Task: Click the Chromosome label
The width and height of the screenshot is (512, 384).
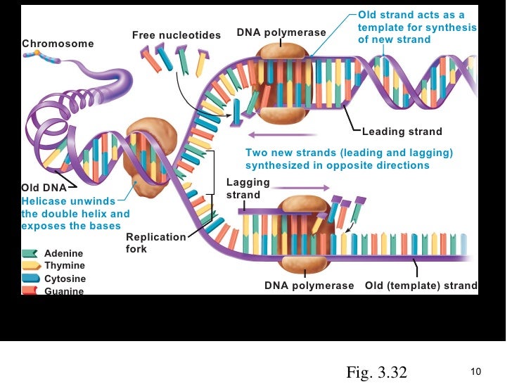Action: (x=58, y=44)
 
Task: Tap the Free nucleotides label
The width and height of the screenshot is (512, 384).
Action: (x=177, y=35)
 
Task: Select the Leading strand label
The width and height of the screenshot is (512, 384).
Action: (x=402, y=132)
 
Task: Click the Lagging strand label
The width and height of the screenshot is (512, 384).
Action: (x=248, y=188)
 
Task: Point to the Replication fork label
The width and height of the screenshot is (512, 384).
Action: (x=156, y=243)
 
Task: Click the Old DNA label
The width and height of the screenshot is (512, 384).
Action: (x=44, y=188)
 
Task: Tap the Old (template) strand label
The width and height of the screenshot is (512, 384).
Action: (x=421, y=286)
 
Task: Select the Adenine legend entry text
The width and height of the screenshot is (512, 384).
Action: (x=63, y=253)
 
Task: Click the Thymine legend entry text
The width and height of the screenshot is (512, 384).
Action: (x=65, y=266)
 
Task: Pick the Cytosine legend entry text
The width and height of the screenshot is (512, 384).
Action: (x=65, y=279)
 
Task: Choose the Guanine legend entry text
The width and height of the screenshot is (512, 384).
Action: (x=63, y=291)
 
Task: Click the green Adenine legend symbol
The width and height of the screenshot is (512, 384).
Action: (x=30, y=253)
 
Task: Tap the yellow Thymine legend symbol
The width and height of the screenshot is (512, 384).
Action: (x=30, y=266)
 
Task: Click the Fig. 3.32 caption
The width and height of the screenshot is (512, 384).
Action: (x=376, y=372)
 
